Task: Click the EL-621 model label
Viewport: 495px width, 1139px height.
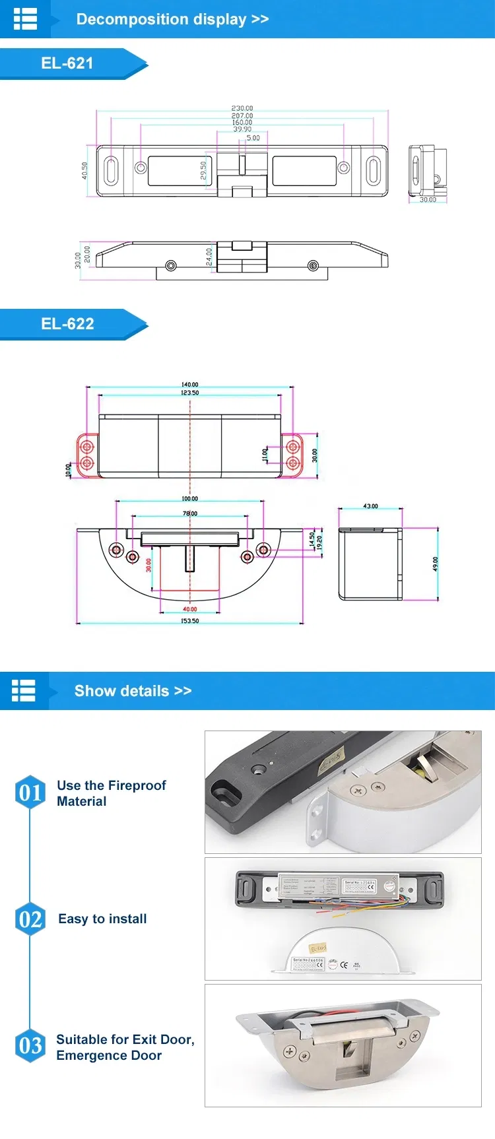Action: [x=67, y=63]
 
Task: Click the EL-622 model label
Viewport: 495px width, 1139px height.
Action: [x=67, y=324]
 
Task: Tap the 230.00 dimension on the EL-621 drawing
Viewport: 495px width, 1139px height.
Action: [x=242, y=108]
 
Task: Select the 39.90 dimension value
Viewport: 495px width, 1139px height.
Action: [x=242, y=129]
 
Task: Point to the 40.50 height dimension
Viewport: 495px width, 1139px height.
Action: [x=84, y=171]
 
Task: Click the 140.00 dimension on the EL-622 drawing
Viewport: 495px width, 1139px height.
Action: [x=190, y=385]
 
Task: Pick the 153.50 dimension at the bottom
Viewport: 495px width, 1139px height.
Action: [x=190, y=621]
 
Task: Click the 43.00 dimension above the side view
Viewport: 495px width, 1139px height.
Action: [x=370, y=506]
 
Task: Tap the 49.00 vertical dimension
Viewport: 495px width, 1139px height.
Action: [x=436, y=564]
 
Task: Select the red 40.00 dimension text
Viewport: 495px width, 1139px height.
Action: [x=190, y=609]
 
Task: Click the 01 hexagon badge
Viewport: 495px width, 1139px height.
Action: [x=30, y=793]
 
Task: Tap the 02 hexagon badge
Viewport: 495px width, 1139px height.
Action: [x=30, y=919]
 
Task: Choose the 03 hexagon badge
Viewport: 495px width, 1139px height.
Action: [x=30, y=1046]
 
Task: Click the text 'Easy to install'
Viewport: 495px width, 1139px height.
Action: [x=102, y=919]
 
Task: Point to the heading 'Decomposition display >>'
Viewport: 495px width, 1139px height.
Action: [x=172, y=19]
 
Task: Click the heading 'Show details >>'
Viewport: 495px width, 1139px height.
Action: [x=133, y=691]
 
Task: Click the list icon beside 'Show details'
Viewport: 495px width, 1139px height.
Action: [x=24, y=691]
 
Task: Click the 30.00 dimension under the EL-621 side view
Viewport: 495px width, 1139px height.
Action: [x=428, y=199]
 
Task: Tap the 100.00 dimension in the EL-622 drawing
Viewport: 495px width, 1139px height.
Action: [x=190, y=499]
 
